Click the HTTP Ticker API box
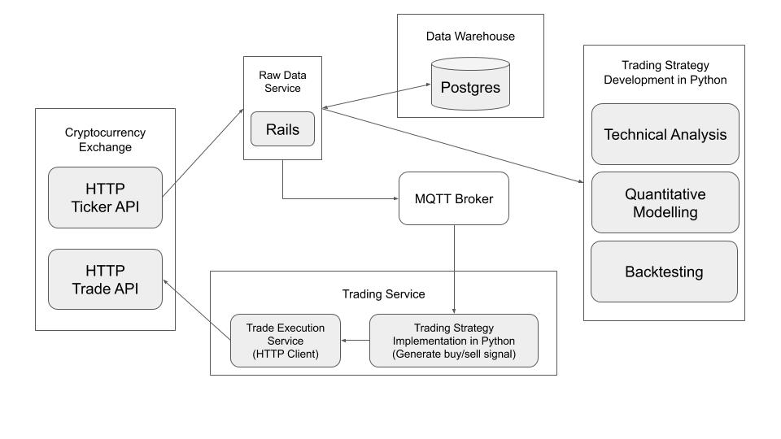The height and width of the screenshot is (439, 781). pyautogui.click(x=106, y=197)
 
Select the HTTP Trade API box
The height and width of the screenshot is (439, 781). pyautogui.click(x=106, y=280)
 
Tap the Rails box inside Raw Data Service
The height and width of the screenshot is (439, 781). pyautogui.click(x=282, y=129)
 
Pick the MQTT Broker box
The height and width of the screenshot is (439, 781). pyautogui.click(x=453, y=198)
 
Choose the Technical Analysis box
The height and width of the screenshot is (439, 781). pyautogui.click(x=665, y=134)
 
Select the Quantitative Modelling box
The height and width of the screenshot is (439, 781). pyautogui.click(x=665, y=202)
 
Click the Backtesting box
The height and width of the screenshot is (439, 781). pyautogui.click(x=664, y=272)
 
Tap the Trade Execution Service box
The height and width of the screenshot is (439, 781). pyautogui.click(x=285, y=340)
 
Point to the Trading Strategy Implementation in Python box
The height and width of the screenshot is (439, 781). pyautogui.click(x=453, y=340)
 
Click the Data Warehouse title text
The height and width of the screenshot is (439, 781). pyautogui.click(x=470, y=37)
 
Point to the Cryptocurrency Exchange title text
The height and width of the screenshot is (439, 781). pyautogui.click(x=106, y=139)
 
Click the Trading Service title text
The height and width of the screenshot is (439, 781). pyautogui.click(x=383, y=293)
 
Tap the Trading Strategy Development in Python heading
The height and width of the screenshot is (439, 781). pyautogui.click(x=664, y=72)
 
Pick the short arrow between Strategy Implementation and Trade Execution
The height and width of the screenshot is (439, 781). pyautogui.click(x=355, y=340)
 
